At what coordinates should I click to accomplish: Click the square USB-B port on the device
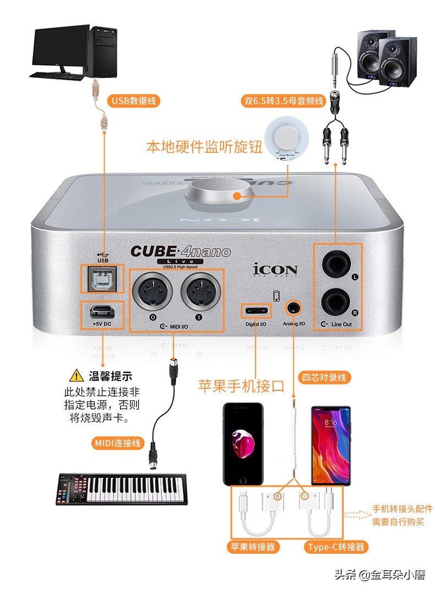tap(103, 279)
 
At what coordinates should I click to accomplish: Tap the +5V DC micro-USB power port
tap(102, 312)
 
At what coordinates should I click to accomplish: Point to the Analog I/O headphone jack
tap(293, 308)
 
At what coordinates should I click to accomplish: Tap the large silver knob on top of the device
tap(219, 196)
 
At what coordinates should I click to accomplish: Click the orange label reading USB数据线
tap(134, 100)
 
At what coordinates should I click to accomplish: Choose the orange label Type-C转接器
tap(335, 547)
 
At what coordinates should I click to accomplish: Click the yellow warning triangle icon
tap(75, 377)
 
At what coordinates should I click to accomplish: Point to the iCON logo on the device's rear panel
tap(275, 270)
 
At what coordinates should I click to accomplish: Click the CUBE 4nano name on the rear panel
tap(180, 252)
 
